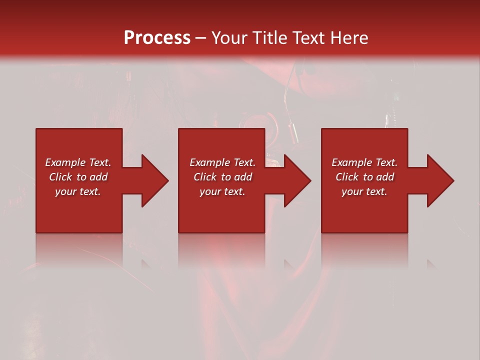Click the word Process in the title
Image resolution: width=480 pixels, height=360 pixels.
pos(157,38)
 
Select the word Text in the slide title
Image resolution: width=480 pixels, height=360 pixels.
pos(306,38)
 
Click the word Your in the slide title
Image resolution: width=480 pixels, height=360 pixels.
pos(229,38)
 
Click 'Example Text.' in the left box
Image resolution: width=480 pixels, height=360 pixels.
pos(78,162)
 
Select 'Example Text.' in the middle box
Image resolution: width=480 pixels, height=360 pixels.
pos(222,162)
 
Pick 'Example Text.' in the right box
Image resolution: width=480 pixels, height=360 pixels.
pos(364,162)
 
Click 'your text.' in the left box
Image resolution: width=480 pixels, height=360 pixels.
pos(78,191)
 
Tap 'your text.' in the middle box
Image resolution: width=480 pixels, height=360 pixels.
pos(222,191)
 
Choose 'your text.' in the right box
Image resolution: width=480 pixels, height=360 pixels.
pos(364,191)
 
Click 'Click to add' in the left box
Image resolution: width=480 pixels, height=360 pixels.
pos(78,177)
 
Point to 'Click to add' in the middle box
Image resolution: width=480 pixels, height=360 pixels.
pos(222,177)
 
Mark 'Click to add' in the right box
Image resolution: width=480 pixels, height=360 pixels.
pos(364,177)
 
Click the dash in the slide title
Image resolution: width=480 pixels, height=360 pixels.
pos(201,38)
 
